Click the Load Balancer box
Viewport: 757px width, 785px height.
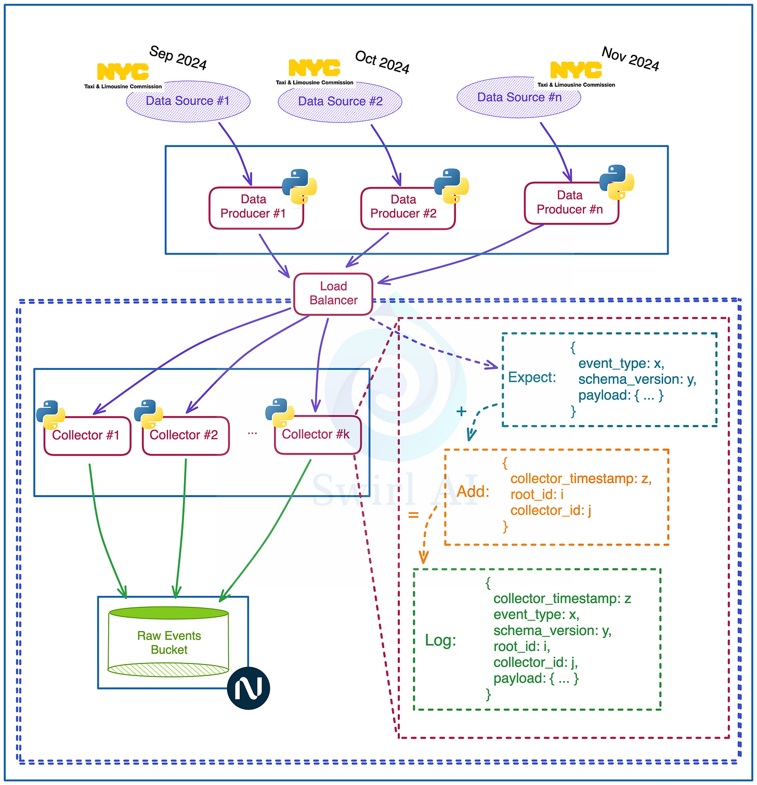[333, 294]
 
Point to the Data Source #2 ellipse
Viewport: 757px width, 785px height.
[340, 102]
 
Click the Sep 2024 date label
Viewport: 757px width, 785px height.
[178, 58]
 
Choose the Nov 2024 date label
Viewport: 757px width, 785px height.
[630, 59]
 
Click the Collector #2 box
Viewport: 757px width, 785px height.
[185, 436]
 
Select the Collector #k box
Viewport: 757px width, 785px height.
[317, 435]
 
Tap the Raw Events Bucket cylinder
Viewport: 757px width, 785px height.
[168, 642]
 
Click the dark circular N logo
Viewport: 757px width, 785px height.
[249, 688]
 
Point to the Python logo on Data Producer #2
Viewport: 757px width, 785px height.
[451, 185]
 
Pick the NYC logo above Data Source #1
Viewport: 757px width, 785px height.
[123, 72]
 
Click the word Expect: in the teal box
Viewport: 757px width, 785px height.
[531, 378]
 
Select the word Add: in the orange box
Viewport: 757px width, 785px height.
[473, 491]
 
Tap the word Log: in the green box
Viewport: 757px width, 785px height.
[440, 640]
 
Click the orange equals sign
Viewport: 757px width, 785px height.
[413, 515]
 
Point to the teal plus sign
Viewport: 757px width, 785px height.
[461, 411]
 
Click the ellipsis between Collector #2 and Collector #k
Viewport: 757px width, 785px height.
[252, 433]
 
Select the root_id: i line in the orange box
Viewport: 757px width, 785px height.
[537, 495]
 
